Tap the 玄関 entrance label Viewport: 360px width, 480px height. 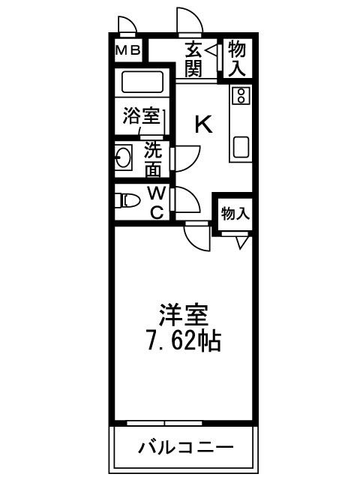[193, 60]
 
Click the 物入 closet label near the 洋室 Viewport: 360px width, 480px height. [235, 214]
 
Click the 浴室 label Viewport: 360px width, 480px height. [141, 116]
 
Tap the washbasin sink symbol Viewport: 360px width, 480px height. [123, 159]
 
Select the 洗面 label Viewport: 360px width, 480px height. [154, 159]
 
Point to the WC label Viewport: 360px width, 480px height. [157, 200]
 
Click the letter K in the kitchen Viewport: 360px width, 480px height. [203, 124]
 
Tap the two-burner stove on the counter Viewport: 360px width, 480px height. [241, 95]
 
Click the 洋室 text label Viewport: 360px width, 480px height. [182, 314]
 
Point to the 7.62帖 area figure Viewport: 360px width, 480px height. [183, 341]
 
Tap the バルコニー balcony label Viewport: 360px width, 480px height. [184, 448]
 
